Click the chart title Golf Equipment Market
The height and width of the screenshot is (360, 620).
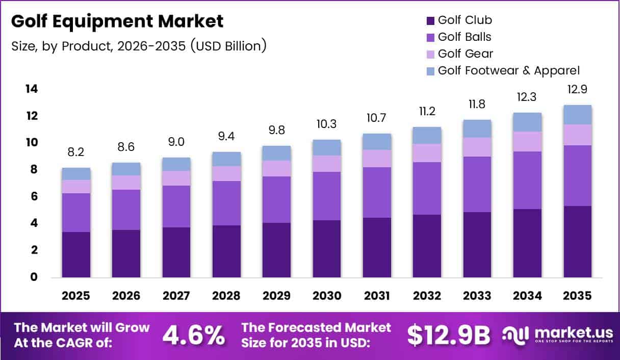coord(117,21)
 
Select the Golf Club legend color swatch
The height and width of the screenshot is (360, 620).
coord(430,21)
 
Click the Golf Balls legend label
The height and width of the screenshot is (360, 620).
coord(464,37)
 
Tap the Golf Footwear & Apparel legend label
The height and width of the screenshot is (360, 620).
coord(508,70)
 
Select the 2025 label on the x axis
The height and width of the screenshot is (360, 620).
coord(76,296)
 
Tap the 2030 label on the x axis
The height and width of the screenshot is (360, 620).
coord(327,296)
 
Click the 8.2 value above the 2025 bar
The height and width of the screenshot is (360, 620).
coord(76,152)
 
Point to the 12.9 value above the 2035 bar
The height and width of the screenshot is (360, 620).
coord(578,90)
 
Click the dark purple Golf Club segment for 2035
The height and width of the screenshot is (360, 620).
coord(578,242)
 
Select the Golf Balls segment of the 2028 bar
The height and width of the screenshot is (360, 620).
coord(226,203)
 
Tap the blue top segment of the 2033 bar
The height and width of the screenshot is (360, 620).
coord(477,128)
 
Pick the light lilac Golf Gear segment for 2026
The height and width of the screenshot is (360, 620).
coord(126,183)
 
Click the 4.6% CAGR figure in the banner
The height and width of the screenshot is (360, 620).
coord(194,335)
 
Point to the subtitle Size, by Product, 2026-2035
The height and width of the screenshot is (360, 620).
coord(139,46)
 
